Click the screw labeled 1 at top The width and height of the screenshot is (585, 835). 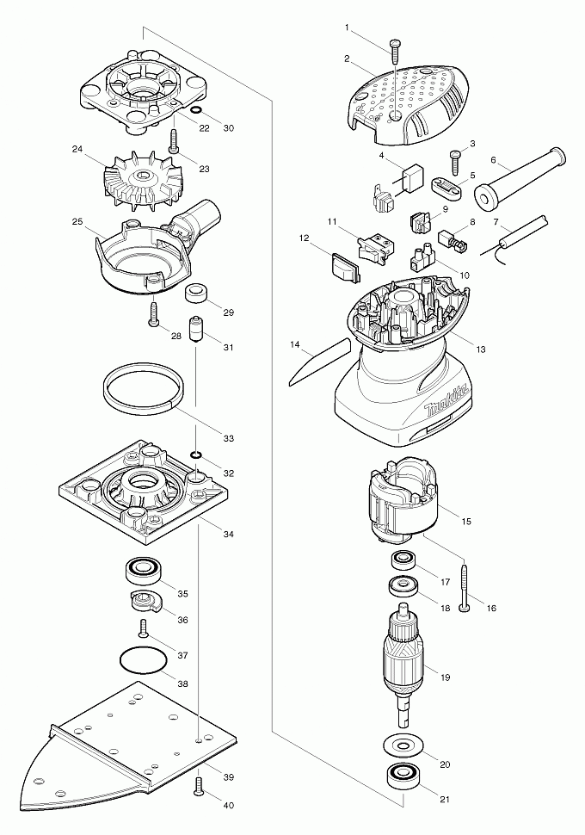[x=395, y=48]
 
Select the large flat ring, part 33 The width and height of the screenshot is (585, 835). [x=143, y=388]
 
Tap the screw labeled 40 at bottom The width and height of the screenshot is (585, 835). [x=200, y=785]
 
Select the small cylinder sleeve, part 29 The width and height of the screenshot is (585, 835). [x=199, y=293]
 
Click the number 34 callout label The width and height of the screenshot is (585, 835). [x=228, y=535]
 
